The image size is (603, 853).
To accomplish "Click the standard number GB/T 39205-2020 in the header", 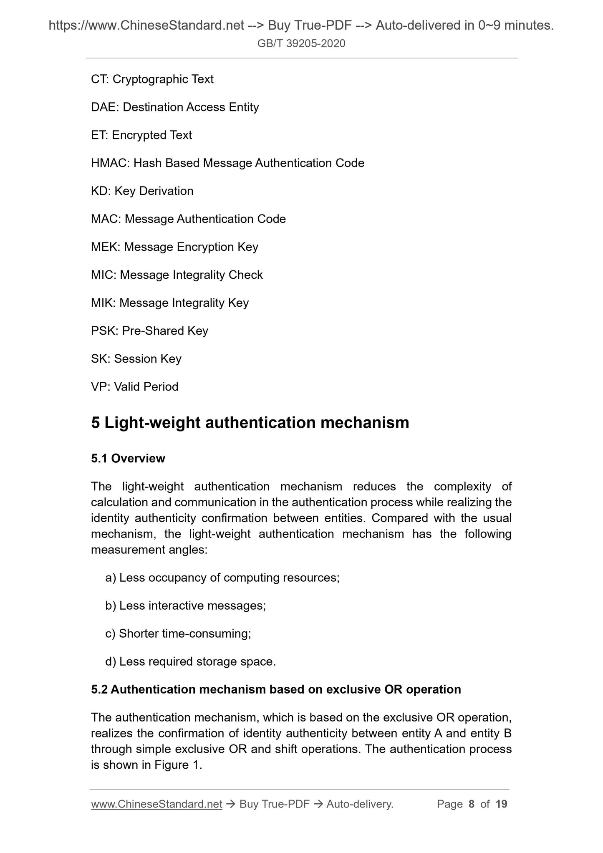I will tap(301, 43).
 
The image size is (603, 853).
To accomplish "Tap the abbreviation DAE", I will tap(104, 107).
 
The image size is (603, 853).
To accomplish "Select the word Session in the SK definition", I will tap(135, 359).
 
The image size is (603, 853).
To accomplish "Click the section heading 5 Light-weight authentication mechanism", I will tap(250, 423).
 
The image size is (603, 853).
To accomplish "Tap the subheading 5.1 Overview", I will tap(128, 459).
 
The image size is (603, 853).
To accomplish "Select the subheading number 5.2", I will tap(99, 689).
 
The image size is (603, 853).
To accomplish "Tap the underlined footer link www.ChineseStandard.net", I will tap(156, 804).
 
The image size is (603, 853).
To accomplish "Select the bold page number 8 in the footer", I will tap(472, 804).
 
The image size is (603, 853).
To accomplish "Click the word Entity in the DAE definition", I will tap(244, 107).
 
